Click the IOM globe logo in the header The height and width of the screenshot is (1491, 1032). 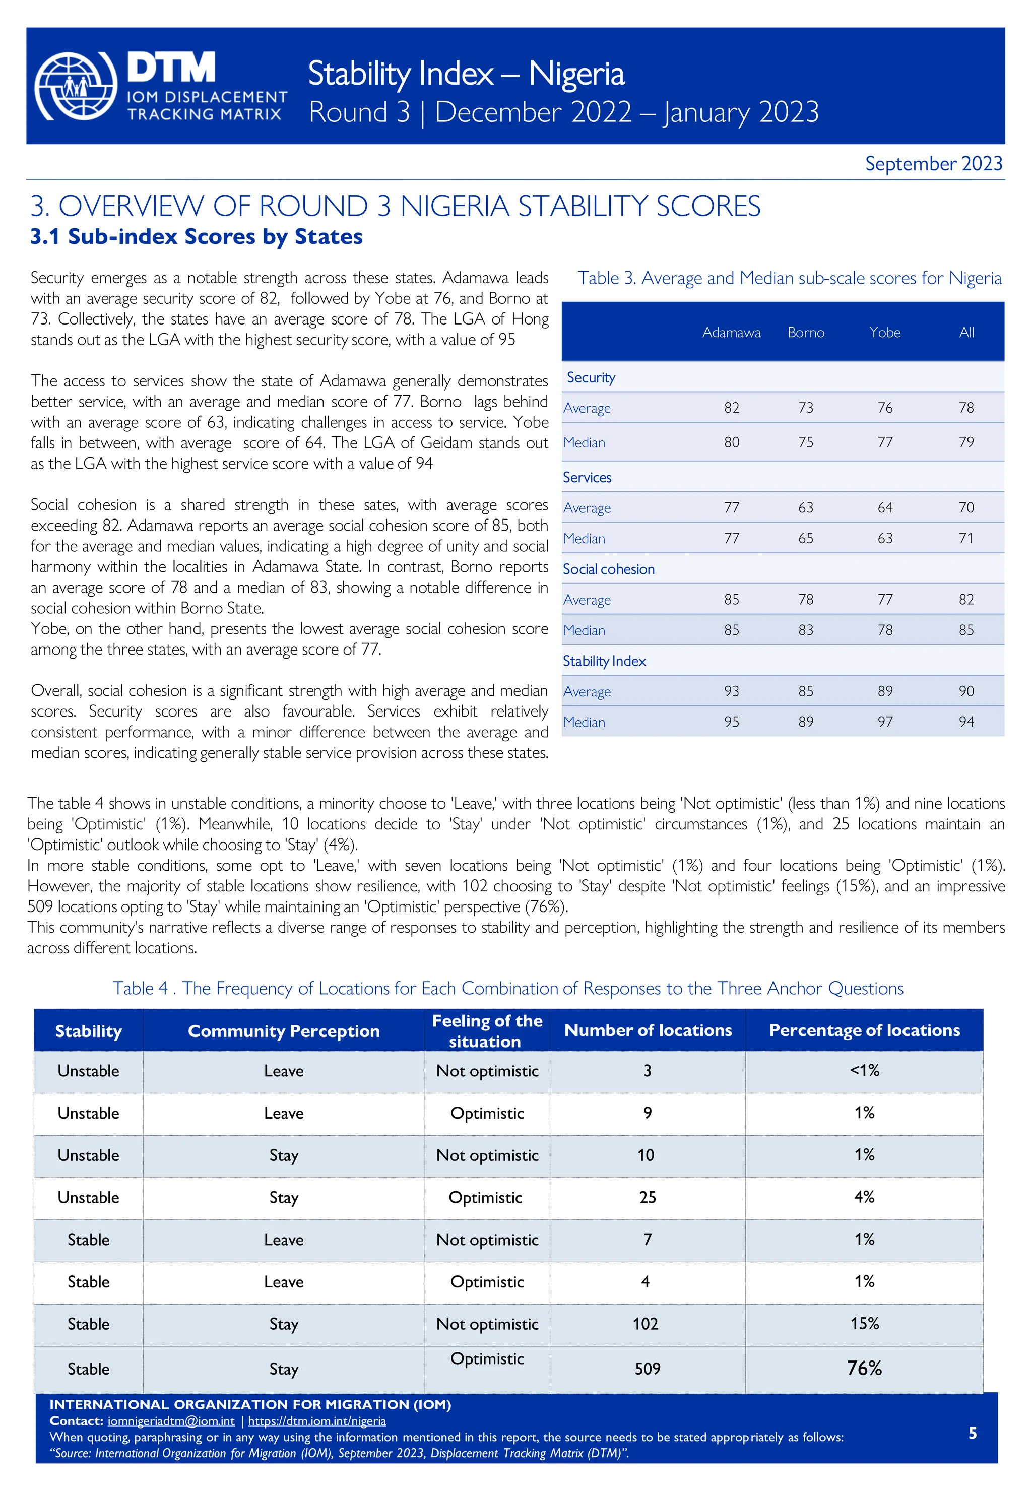[x=76, y=86]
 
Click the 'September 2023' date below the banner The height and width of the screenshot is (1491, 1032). [x=933, y=164]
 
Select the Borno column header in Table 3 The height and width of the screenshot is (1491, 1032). [x=806, y=333]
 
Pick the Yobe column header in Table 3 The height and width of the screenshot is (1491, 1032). [x=884, y=333]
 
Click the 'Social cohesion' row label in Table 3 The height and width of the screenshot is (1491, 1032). [x=608, y=569]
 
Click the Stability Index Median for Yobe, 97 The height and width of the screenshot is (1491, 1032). [x=884, y=722]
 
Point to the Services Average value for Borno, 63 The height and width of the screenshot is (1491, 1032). [x=806, y=507]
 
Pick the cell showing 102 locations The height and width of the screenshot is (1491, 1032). [x=646, y=1324]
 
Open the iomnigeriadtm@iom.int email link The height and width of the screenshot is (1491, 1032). [x=171, y=1421]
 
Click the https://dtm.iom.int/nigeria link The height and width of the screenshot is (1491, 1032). [x=317, y=1421]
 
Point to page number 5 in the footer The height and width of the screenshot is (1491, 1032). [x=972, y=1433]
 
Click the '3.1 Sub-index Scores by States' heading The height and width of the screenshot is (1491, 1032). [x=196, y=237]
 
